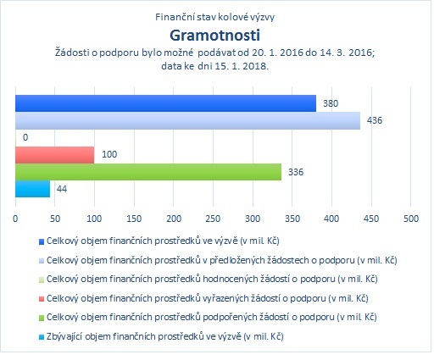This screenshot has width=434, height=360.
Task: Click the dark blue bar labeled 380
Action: point(165,103)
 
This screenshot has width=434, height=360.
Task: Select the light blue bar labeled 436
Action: point(187,120)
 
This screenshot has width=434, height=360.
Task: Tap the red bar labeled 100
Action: point(54,155)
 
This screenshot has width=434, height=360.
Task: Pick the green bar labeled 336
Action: point(148,172)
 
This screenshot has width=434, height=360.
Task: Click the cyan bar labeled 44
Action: point(32,189)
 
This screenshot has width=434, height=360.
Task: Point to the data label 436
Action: point(375,120)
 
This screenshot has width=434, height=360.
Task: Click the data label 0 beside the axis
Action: point(25,137)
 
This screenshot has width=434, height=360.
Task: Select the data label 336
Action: point(296,172)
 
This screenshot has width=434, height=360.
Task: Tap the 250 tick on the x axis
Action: point(213,219)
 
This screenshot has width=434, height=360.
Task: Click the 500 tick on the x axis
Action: point(411,219)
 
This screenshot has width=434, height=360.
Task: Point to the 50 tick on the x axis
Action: point(55,219)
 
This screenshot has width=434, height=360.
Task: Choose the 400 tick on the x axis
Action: point(331,219)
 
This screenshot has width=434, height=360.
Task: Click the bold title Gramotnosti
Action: point(214,36)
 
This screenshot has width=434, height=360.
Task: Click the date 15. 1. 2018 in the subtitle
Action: point(241,66)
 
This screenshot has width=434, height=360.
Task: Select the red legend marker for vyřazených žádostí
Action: point(42,299)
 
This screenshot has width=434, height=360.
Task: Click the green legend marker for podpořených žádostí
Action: point(42,318)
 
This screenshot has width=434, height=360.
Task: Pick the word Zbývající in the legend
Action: point(64,336)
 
